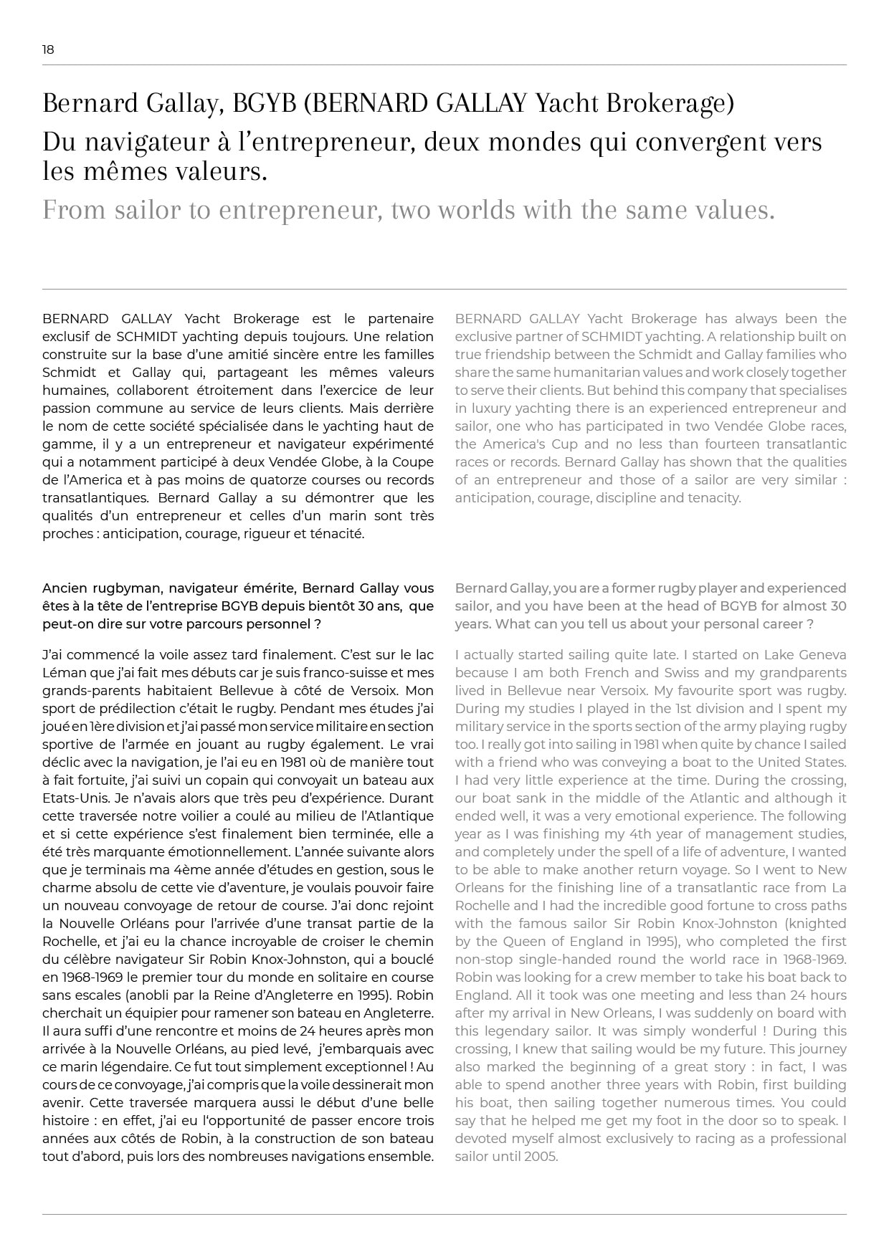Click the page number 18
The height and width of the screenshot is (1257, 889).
tap(48, 49)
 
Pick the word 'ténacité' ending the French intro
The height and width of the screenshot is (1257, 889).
tap(338, 533)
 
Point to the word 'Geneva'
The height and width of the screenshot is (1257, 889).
tap(823, 654)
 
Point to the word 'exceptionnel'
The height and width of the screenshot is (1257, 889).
tap(366, 1066)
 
